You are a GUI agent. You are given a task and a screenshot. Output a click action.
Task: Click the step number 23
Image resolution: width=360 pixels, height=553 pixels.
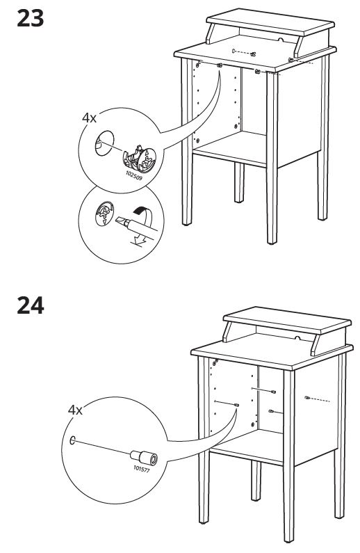31,18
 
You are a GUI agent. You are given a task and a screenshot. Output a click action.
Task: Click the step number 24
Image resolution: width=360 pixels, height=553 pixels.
31,306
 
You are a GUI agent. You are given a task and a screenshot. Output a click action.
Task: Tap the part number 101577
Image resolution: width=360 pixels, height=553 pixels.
142,469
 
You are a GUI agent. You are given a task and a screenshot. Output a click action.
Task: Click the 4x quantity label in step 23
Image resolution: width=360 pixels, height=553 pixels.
89,118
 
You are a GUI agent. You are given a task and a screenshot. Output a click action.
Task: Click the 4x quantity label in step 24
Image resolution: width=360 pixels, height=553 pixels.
75,410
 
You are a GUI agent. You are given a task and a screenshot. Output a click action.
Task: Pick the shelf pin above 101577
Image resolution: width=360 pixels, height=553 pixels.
144,458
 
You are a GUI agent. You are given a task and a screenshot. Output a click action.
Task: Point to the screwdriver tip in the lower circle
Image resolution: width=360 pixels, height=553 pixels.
120,221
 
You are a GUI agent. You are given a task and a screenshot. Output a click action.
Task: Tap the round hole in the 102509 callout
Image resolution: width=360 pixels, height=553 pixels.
105,143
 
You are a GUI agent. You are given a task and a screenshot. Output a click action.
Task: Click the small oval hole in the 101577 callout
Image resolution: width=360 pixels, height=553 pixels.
72,440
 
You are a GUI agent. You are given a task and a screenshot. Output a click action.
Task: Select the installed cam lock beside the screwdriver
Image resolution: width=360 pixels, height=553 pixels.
104,214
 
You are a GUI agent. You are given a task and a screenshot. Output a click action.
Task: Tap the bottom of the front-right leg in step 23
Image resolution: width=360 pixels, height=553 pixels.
272,242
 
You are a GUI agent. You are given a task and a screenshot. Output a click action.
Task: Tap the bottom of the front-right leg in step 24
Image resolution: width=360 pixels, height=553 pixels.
289,540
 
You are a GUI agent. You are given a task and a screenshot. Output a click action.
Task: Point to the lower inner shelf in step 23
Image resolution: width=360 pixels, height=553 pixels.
229,148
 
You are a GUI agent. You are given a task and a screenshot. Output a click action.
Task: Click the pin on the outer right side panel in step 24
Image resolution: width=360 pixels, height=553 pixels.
306,398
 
